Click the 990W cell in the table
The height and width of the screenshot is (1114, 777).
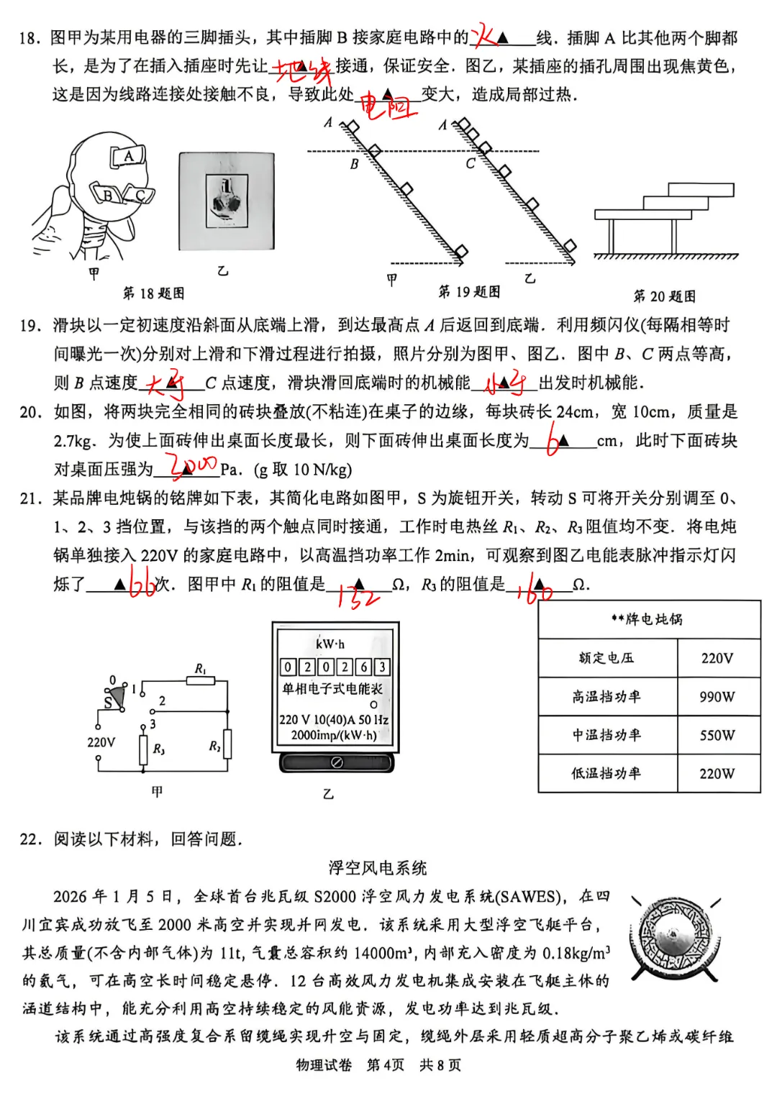(717, 696)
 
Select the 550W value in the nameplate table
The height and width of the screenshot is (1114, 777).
(717, 735)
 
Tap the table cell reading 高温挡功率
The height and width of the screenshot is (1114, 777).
(606, 696)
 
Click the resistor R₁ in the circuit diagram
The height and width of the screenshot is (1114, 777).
(201, 680)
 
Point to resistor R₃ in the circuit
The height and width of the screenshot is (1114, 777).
(144, 749)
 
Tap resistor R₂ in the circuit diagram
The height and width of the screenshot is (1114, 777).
(227, 744)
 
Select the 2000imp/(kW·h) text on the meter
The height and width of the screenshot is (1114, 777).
(334, 735)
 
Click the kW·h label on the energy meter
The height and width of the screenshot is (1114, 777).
(330, 644)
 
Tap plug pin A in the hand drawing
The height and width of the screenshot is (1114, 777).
(128, 156)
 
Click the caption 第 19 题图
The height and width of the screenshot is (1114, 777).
(469, 291)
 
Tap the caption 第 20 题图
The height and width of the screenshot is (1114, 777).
(664, 296)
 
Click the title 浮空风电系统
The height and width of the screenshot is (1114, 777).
(378, 867)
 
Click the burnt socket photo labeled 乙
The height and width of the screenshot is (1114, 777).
(227, 201)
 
